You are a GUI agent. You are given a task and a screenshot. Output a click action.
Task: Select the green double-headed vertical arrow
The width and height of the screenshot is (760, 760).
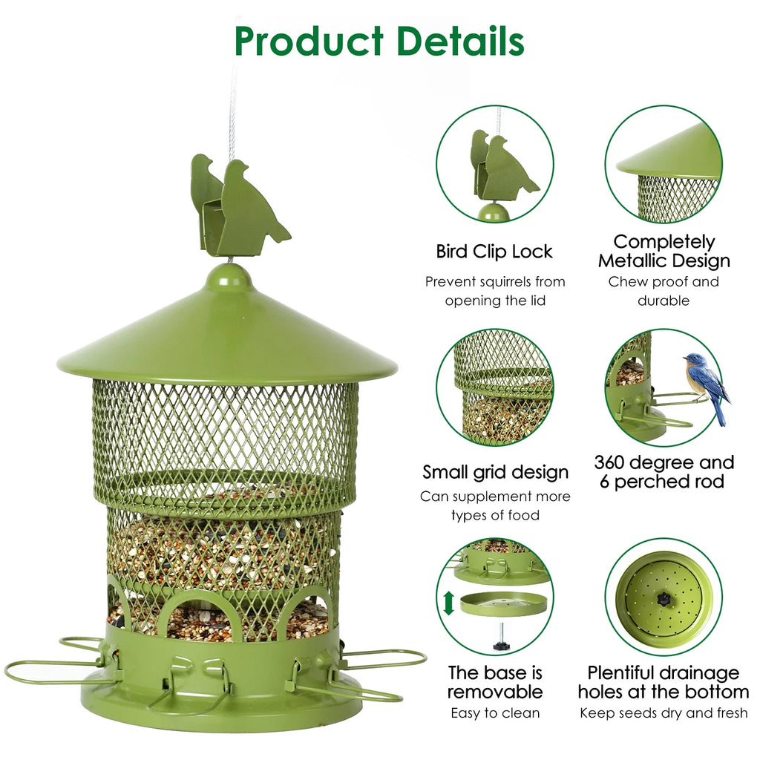[x=448, y=602]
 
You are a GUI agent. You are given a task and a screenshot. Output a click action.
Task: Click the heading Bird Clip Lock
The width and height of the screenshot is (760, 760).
[x=494, y=252]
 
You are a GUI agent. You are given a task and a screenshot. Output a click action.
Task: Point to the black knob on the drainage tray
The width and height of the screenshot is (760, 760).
[x=661, y=597]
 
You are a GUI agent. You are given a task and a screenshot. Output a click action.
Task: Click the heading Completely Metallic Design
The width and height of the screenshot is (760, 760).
[x=664, y=251]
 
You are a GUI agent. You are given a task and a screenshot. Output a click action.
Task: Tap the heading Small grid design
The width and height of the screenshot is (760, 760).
[x=495, y=472]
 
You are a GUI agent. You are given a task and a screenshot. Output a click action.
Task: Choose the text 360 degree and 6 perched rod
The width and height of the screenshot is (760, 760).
[x=664, y=472]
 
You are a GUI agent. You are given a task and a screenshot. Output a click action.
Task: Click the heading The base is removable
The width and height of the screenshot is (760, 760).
[x=494, y=682]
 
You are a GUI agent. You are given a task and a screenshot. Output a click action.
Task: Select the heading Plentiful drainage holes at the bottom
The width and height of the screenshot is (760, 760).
[x=664, y=682]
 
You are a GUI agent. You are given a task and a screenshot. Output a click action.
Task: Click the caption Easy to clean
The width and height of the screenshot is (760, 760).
[x=495, y=713]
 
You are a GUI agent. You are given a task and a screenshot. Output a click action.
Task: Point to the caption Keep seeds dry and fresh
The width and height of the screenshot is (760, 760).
[x=664, y=713]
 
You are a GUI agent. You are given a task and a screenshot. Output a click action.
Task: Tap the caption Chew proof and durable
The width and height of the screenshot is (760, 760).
[x=664, y=291]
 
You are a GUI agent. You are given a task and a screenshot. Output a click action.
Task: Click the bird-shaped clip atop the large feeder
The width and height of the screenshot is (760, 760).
[x=237, y=206]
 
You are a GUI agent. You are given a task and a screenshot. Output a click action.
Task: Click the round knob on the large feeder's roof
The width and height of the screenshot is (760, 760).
[x=229, y=278]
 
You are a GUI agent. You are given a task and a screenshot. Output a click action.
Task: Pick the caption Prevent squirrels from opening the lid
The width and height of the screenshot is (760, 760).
[x=495, y=291]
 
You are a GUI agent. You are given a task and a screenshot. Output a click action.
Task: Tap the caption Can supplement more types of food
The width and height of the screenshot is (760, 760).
[x=495, y=505]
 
